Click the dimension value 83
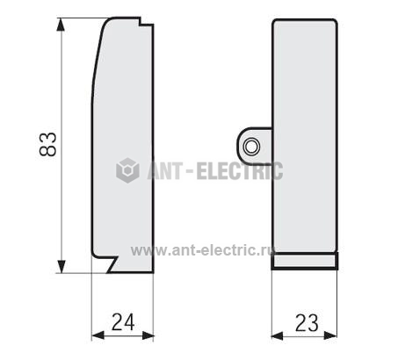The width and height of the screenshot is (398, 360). click(47, 144)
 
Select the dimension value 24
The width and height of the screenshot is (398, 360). click(123, 322)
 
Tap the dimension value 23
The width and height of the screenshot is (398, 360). click(307, 323)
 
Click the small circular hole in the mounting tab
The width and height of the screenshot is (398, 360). click(251, 147)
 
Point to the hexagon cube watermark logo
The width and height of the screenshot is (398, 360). click(127, 170)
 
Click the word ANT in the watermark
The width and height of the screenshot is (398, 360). click(164, 171)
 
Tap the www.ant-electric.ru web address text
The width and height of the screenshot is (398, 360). click(202, 250)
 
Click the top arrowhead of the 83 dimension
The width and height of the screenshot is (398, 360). click(61, 24)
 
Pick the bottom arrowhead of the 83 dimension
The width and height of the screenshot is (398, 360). click(61, 267)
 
